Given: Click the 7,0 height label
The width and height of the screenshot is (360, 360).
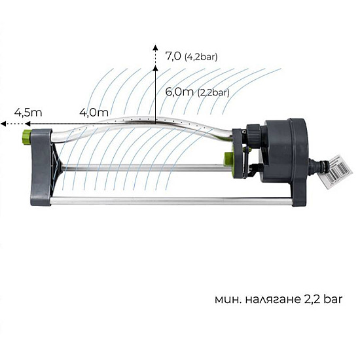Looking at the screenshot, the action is pyautogui.click(x=173, y=56).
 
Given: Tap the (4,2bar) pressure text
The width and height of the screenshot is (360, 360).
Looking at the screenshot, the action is pyautogui.click(x=201, y=57).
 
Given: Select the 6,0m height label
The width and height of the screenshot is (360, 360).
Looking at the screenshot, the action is pyautogui.click(x=179, y=92).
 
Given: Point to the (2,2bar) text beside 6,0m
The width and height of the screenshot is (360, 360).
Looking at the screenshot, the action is pyautogui.click(x=213, y=92).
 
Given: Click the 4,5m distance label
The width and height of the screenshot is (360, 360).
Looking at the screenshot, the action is pyautogui.click(x=28, y=113).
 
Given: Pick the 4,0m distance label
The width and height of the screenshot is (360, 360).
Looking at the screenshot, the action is pyautogui.click(x=94, y=113).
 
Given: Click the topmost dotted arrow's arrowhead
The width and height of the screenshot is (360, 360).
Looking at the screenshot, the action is pyautogui.click(x=155, y=48).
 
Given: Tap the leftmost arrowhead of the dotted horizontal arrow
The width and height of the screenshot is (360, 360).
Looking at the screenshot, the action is pyautogui.click(x=3, y=124).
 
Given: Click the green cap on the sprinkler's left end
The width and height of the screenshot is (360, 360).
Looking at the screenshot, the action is pyautogui.click(x=26, y=135).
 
